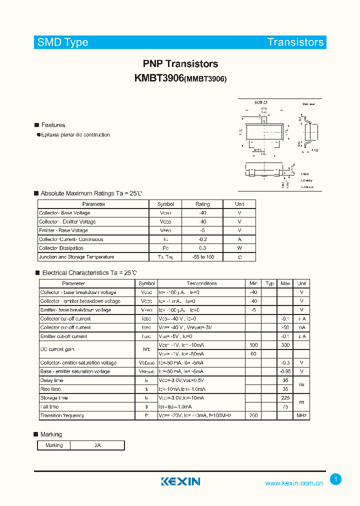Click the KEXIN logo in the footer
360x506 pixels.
click(x=180, y=481)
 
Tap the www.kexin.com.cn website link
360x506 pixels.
click(x=293, y=483)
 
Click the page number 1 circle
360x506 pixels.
click(x=335, y=479)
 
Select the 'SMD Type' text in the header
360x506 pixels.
click(x=62, y=42)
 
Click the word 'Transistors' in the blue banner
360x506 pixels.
click(x=295, y=42)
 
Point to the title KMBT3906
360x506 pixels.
click(x=159, y=78)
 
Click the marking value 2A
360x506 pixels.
click(x=97, y=445)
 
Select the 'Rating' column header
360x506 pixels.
click(x=202, y=204)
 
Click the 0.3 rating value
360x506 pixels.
click(x=202, y=248)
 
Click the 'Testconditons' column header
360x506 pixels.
click(x=201, y=283)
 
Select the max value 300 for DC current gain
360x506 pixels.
click(x=285, y=345)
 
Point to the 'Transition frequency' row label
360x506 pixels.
click(x=62, y=415)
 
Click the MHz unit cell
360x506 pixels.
click(x=301, y=415)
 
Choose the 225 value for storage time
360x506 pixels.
click(x=285, y=398)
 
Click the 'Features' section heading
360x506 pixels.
click(x=53, y=125)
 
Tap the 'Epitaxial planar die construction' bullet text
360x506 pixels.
click(x=75, y=135)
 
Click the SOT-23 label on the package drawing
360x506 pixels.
click(x=261, y=102)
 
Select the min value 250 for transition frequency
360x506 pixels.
click(x=253, y=415)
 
